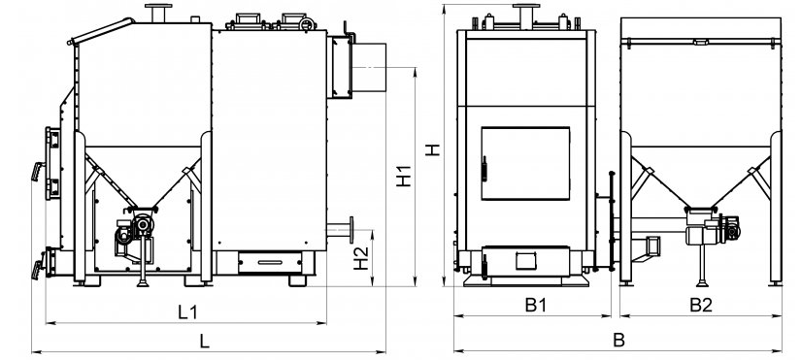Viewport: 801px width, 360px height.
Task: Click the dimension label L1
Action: (187, 312)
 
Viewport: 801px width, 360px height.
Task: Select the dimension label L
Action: (204, 342)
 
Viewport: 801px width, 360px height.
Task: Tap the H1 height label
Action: (404, 176)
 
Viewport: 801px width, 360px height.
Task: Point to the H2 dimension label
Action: (361, 258)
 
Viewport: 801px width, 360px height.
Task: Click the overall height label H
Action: (433, 149)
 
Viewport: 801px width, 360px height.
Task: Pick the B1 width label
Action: (536, 306)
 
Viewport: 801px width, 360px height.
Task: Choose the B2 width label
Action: (701, 306)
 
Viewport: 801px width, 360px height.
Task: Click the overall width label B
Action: (618, 340)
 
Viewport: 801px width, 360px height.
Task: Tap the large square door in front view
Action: (525, 163)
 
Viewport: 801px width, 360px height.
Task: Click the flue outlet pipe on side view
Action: (368, 67)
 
